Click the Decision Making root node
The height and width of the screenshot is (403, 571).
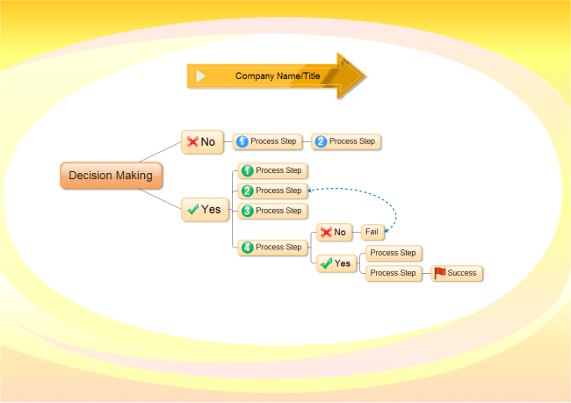coord(110,176)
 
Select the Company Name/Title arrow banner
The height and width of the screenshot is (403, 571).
coord(276,76)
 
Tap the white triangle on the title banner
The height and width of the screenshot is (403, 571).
coord(200,76)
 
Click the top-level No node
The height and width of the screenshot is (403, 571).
coord(201,141)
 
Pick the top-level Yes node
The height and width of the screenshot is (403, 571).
coord(205,210)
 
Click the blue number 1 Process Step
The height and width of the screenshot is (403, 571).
coord(267,141)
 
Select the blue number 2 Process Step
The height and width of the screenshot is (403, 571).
coord(346,141)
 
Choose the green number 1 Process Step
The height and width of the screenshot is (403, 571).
coord(272,170)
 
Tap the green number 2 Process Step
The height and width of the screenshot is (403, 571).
coord(272,191)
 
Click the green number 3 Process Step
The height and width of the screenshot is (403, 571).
coord(272,211)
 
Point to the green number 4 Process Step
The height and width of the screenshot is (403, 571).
coord(272,248)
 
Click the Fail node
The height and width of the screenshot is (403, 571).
coord(373,232)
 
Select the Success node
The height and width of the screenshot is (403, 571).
coord(457,273)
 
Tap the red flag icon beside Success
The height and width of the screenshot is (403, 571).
coord(440,273)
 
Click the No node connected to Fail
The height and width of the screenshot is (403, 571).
coord(334,232)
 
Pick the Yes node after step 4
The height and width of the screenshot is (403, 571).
coord(336,263)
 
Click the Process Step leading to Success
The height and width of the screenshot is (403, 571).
coord(393,273)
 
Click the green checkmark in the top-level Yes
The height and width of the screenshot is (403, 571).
coord(192,210)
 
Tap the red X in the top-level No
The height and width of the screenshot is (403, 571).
coord(192,141)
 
